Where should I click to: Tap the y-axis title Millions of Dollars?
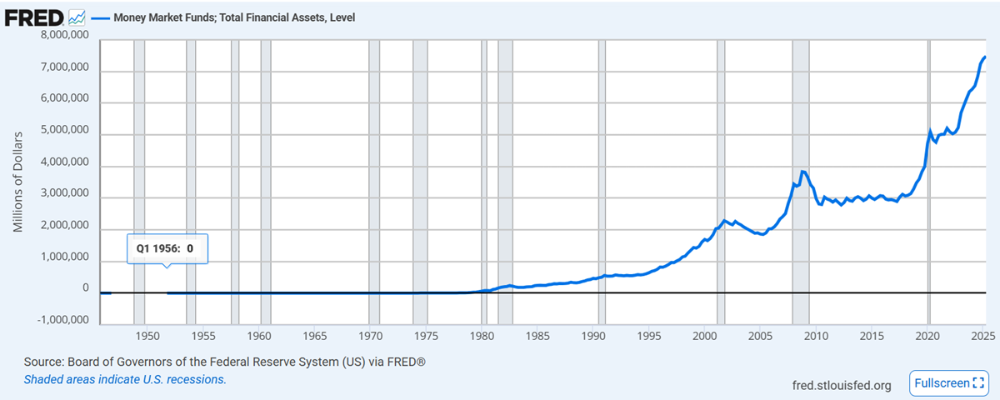click(17, 181)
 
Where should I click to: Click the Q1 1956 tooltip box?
click(166, 248)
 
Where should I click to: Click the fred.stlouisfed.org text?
click(842, 385)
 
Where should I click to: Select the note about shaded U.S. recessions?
click(125, 379)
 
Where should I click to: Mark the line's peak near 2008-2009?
click(802, 172)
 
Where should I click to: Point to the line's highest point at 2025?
click(985, 57)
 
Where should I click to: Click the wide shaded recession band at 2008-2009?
click(800, 167)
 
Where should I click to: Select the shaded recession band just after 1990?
click(602, 167)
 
